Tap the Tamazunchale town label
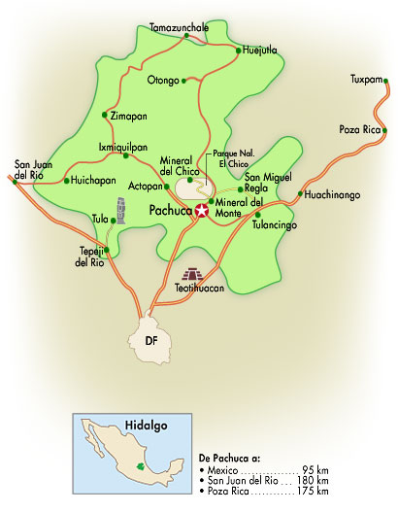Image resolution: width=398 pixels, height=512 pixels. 179,28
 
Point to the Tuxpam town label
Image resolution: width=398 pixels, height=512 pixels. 365,79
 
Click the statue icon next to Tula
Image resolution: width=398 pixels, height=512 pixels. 121,210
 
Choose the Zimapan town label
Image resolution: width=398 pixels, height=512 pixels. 129,115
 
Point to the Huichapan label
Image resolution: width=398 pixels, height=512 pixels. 89,181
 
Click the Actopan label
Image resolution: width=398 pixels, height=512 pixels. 145,185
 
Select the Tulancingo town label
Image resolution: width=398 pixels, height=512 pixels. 274,225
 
